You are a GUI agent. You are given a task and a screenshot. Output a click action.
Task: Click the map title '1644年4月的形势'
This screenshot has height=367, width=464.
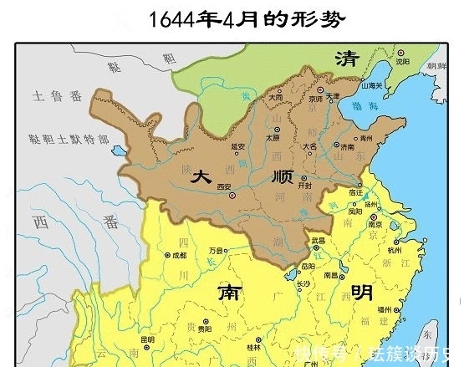coord(233,19)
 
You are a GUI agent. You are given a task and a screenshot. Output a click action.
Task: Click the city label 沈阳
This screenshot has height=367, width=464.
coord(403,61)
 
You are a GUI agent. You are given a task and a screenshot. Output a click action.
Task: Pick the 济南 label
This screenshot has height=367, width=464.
coord(347,147)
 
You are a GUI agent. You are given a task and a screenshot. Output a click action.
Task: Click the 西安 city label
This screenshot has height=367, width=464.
coord(224,186)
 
